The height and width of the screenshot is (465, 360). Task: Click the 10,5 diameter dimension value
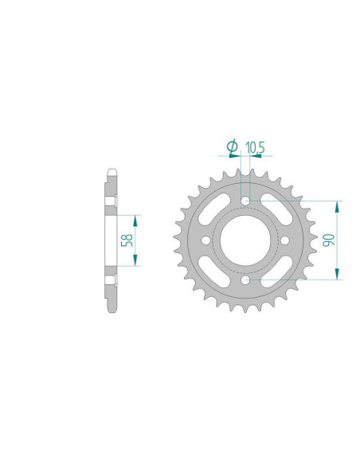255,147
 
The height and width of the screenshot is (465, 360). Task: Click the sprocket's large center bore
246,240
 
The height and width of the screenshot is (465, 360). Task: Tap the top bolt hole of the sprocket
246,199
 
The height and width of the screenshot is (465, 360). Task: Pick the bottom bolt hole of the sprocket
246,281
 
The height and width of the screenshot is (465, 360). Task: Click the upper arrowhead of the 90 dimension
338,206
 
